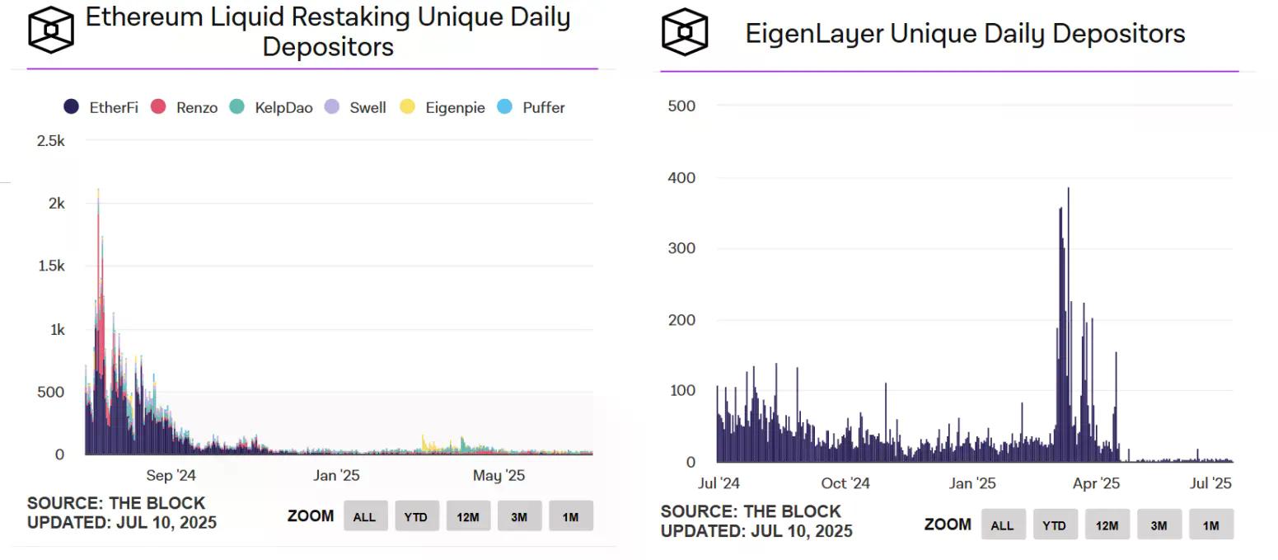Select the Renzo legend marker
(159, 107)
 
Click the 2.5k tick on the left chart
(51, 141)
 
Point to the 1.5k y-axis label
(51, 266)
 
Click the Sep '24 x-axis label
(171, 476)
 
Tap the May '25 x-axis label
(499, 476)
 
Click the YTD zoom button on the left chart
(416, 517)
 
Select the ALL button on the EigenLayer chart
(1002, 525)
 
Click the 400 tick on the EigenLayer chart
(681, 177)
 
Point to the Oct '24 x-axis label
(845, 483)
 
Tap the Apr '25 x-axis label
(1097, 483)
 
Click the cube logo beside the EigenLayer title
(685, 32)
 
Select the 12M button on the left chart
(468, 517)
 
